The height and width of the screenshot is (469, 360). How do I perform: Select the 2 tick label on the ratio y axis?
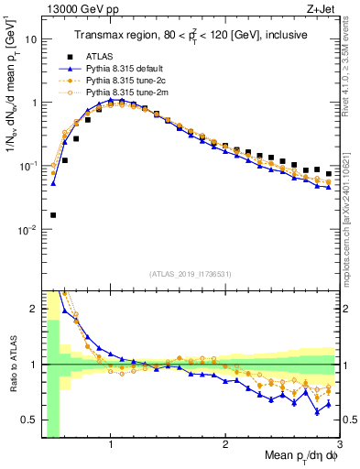(33, 309)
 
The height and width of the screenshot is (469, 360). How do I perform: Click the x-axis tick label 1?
(110, 446)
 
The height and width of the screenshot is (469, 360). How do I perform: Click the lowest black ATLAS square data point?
(53, 215)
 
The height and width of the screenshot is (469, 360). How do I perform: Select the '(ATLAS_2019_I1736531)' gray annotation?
(190, 274)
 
